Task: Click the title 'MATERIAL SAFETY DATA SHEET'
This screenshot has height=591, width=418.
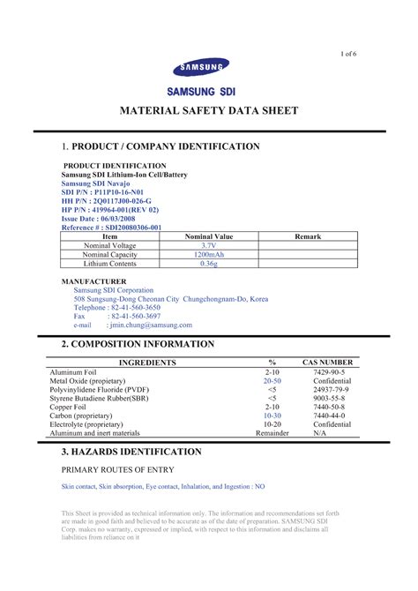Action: [x=209, y=111]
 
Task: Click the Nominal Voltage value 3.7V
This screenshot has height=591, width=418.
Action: [x=208, y=245]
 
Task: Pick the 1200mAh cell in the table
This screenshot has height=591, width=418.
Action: [x=208, y=254]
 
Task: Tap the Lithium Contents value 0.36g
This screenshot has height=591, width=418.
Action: [x=208, y=263]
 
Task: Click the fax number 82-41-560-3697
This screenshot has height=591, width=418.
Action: [x=134, y=316]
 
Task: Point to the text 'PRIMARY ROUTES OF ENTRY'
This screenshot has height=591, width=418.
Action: [x=117, y=469]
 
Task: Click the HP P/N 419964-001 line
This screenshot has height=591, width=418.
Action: [x=109, y=210]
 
